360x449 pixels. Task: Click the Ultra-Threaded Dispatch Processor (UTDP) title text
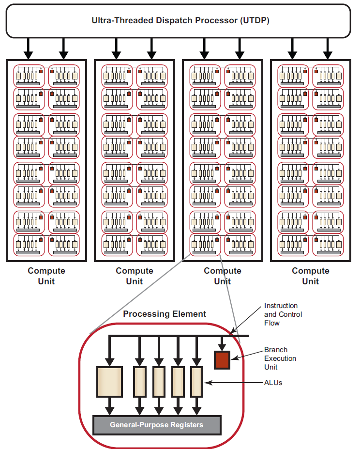pos(180,20)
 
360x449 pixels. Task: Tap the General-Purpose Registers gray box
pos(156,425)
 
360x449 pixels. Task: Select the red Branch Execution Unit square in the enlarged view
pos(222,360)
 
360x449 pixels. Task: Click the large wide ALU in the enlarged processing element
pos(110,382)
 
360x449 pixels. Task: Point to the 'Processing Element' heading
pos(165,314)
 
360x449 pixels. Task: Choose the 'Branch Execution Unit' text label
pos(280,358)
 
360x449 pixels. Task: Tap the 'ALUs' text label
pos(273,383)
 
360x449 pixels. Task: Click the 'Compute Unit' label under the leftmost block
pos(46,276)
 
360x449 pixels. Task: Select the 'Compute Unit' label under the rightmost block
pos(310,276)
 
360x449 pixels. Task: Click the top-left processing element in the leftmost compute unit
pos(29,76)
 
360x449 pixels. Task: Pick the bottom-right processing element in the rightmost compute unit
pos(328,245)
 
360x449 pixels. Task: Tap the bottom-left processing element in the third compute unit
pos(205,245)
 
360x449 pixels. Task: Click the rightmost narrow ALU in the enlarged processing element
pos(196,382)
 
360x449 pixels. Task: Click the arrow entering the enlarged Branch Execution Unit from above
pos(222,343)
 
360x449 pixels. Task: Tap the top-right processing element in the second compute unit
pos(151,76)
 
